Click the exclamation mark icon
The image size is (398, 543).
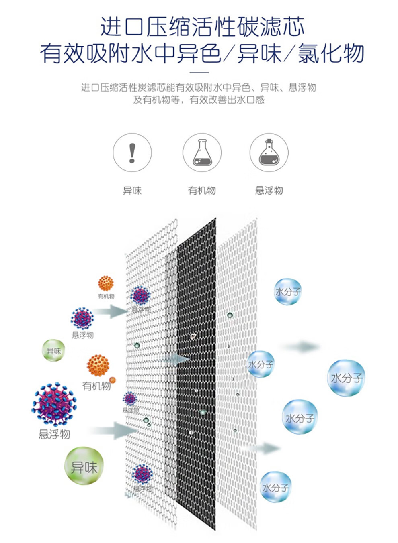coord(132,153)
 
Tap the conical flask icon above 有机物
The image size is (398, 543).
coord(202,153)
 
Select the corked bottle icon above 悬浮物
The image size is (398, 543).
coord(269,153)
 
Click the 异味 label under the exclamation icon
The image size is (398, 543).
coord(132,191)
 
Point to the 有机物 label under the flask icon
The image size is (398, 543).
coord(202,191)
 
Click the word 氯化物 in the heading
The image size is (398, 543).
coord(331,53)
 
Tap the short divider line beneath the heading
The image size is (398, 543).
coord(199,73)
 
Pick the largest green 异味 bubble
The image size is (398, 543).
coord(84,466)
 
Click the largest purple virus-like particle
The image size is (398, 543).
coord(54,404)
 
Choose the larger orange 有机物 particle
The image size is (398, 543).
coord(98,366)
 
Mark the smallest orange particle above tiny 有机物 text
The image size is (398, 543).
coord(106,283)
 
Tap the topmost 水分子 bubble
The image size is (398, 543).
coord(287,291)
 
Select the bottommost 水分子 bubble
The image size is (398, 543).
coord(275,487)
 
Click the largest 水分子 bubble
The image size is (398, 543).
coord(346,378)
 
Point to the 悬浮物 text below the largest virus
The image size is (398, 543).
coord(54,434)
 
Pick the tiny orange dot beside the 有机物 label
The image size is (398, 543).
coord(113,380)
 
